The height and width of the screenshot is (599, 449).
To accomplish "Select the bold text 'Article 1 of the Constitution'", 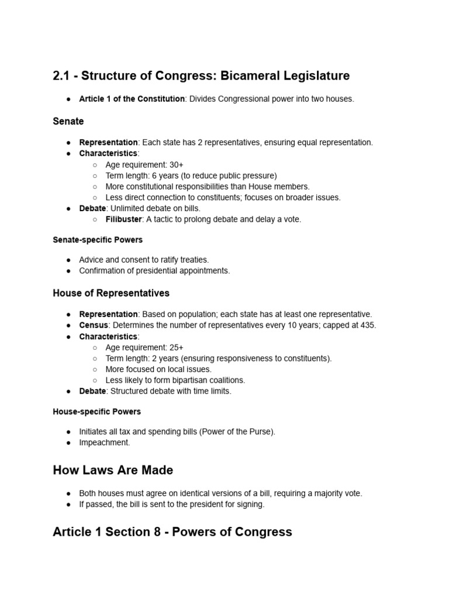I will tap(132, 99).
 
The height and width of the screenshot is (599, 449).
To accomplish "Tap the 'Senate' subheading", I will tap(68, 121).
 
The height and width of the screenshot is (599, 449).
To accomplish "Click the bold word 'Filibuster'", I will tap(123, 219).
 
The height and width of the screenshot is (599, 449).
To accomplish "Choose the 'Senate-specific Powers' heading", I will tap(98, 240).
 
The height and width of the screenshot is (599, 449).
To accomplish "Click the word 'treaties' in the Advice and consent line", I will tap(191, 260).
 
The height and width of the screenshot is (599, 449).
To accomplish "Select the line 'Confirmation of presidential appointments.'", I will tap(154, 271).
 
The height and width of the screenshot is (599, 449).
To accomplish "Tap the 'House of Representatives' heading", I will tap(111, 292).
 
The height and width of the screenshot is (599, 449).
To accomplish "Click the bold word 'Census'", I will tap(94, 325).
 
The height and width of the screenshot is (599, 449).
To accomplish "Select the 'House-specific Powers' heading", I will tap(97, 412).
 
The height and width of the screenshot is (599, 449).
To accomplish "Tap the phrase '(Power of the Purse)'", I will tap(236, 432).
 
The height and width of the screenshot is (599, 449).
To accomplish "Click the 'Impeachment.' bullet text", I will tap(105, 443).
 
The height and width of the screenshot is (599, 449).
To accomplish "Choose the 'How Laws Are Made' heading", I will tap(113, 470).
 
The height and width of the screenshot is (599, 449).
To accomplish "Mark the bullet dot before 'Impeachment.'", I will tap(68, 443).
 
